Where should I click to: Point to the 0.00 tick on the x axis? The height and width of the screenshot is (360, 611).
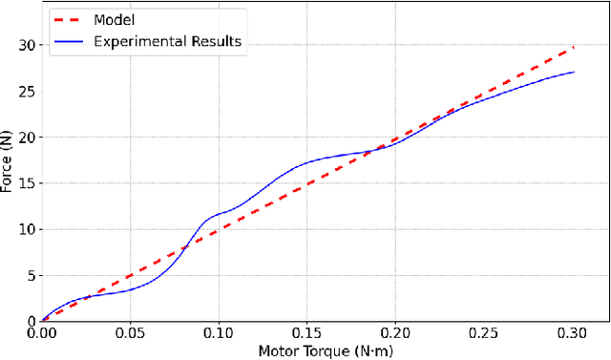click(42, 333)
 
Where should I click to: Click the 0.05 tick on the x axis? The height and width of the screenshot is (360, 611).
click(130, 333)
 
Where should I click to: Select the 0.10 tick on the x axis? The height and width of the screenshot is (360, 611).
click(219, 333)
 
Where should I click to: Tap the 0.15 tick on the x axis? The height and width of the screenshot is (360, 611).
click(306, 333)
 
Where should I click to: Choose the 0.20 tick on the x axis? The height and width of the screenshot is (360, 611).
click(395, 333)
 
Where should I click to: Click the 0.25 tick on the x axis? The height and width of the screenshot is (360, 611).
click(483, 333)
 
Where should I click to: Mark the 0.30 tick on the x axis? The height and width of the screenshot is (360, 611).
click(572, 333)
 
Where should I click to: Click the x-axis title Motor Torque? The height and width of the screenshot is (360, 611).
click(326, 350)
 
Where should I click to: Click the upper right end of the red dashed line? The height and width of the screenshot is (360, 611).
click(572, 46)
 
